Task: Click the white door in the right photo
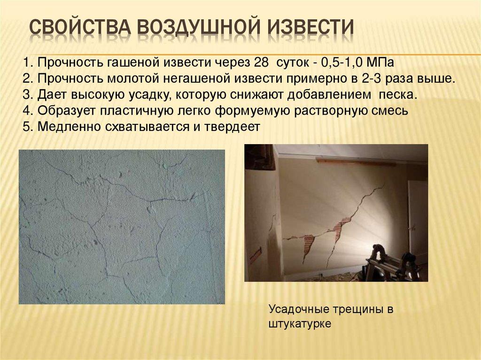coord(417,216)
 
